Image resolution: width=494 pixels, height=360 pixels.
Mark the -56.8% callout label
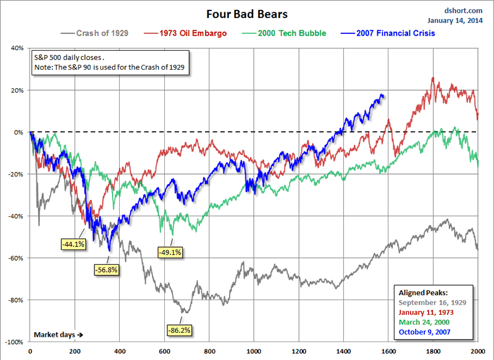[x=106, y=269]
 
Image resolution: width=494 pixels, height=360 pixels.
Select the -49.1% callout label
[x=170, y=253]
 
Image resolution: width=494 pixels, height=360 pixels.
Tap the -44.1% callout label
[x=73, y=244]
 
